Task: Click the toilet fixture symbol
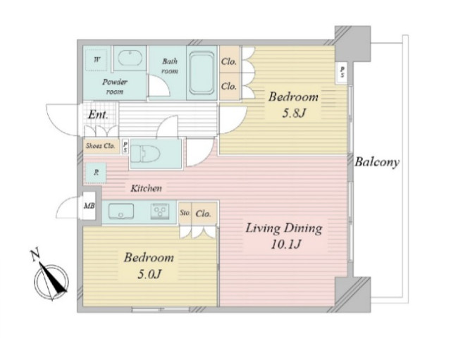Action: [x=146, y=154]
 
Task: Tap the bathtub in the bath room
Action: [x=202, y=73]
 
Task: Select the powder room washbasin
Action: [x=130, y=58]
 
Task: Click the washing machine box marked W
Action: [x=97, y=60]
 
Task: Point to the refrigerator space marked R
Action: [x=96, y=173]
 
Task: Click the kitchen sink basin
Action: [x=121, y=212]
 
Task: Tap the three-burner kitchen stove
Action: [x=160, y=212]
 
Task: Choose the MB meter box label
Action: [x=89, y=206]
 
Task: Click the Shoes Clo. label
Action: [x=100, y=146]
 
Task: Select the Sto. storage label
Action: [x=185, y=213]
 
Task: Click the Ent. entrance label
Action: [x=98, y=115]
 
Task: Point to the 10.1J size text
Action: [x=285, y=244]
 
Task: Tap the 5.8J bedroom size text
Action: [x=293, y=113]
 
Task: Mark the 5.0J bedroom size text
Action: [x=149, y=274]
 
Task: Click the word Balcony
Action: [x=377, y=162]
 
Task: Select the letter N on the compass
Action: [x=35, y=255]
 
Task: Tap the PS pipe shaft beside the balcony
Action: [x=342, y=72]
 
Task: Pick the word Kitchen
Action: [x=146, y=188]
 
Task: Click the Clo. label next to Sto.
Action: [x=204, y=213]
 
